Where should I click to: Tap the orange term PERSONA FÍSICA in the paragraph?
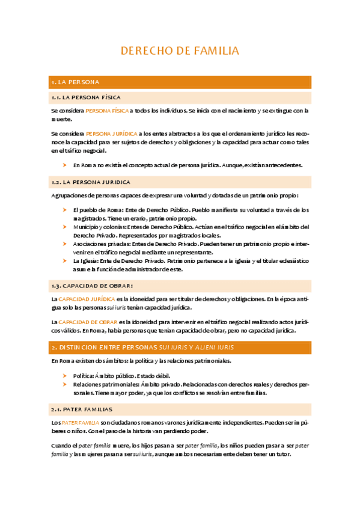107,111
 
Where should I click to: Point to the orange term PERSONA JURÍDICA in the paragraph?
111,133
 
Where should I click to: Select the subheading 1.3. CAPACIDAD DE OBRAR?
92,284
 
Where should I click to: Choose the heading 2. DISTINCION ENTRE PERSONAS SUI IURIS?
142,348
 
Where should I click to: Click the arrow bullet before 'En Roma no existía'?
64,165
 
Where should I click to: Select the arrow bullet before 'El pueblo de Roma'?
64,210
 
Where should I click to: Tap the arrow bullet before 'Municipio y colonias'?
64,227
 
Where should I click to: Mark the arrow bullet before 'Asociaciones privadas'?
64,244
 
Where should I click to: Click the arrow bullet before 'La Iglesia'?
64,261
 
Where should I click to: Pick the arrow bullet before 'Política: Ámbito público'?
64,375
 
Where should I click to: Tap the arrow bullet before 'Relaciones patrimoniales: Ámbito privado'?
64,384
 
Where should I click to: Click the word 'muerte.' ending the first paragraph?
61,119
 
